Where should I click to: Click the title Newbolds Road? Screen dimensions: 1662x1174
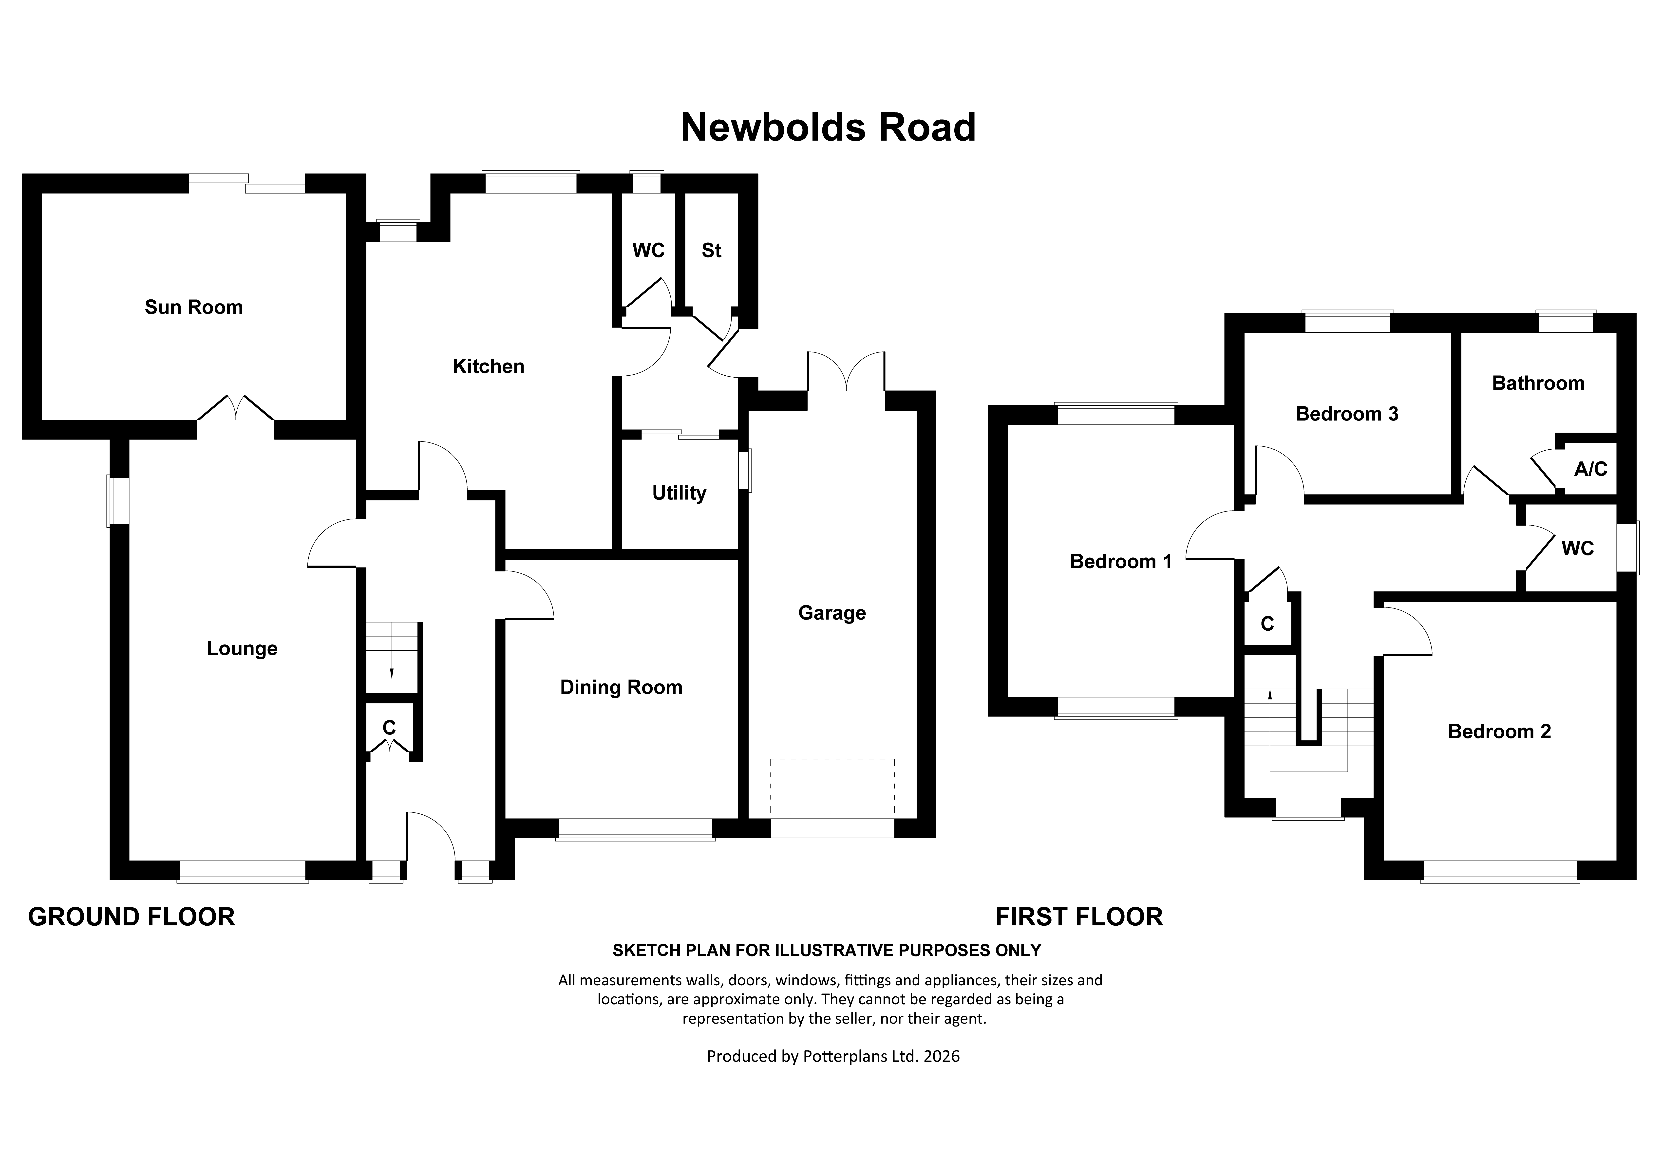828,127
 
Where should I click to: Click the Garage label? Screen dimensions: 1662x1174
832,613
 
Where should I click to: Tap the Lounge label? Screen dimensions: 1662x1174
242,648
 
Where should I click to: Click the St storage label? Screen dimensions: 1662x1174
712,250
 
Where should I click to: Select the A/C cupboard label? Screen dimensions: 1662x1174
1590,469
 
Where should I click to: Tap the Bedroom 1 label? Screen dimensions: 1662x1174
1121,562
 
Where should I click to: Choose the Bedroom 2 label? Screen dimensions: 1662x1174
1499,732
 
